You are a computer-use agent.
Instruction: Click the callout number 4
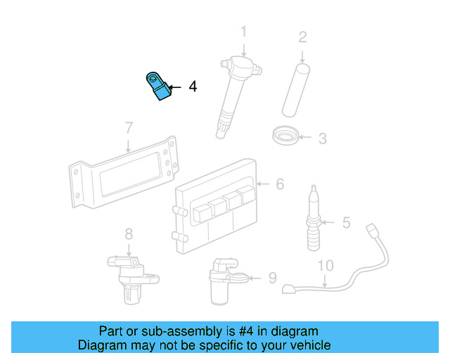[193, 87]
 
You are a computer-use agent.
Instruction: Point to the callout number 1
[244, 32]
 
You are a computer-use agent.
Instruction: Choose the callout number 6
[280, 184]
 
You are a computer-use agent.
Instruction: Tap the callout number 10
[325, 266]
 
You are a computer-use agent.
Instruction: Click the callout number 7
[129, 128]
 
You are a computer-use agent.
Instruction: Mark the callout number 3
[322, 139]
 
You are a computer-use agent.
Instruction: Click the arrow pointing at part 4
[174, 87]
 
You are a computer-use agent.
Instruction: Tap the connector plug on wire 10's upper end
[372, 229]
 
